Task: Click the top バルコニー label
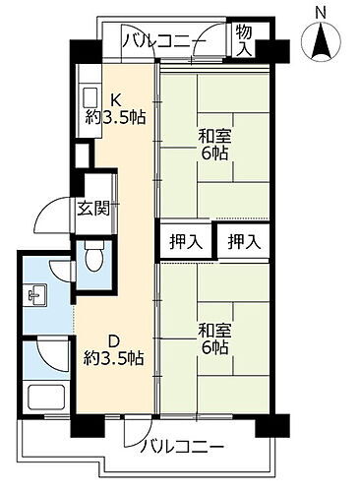click(x=163, y=39)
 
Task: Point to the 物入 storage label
click(x=243, y=40)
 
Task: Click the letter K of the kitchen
click(x=115, y=99)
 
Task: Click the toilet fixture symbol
click(x=94, y=259)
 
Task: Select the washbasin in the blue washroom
click(x=36, y=292)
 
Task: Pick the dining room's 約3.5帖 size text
click(x=116, y=358)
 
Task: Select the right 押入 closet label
click(x=244, y=240)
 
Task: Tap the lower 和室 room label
click(x=214, y=330)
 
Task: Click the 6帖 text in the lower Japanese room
click(x=216, y=348)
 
